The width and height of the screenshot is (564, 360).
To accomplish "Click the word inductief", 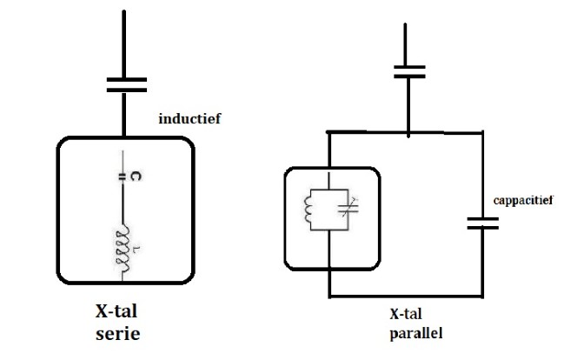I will click(190, 117).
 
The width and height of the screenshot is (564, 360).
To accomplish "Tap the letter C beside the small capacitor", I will click(137, 176).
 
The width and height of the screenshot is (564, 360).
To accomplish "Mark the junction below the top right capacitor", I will click(408, 133).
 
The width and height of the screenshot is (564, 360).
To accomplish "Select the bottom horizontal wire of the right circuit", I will click(405, 296).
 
